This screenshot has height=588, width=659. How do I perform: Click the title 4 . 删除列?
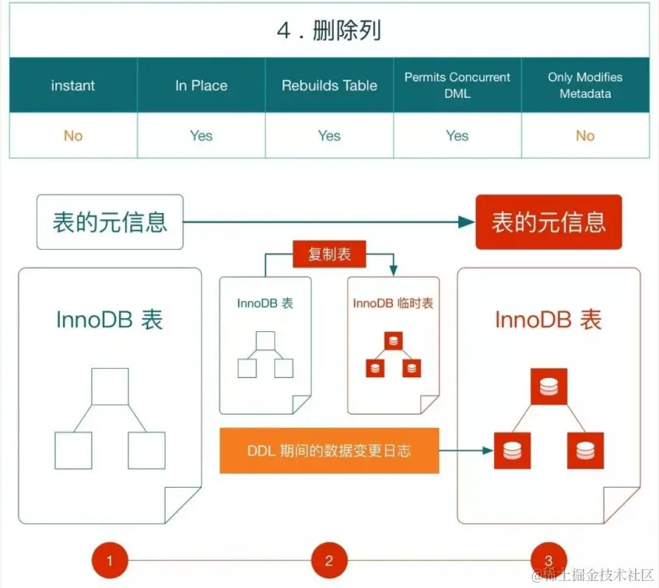[x=329, y=30]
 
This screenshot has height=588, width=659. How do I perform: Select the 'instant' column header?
[x=73, y=86]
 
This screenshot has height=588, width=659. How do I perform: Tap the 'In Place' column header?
[x=201, y=86]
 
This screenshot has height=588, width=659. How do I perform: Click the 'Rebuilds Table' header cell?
[x=329, y=86]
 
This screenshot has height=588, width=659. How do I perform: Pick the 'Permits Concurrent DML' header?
[x=457, y=86]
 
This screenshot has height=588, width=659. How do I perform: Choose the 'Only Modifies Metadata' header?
[x=585, y=86]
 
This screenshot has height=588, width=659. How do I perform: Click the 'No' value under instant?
[x=73, y=136]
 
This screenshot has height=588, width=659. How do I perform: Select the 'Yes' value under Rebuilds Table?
[x=329, y=136]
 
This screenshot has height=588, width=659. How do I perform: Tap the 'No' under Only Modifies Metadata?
[x=585, y=136]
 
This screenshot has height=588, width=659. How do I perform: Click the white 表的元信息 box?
[x=110, y=222]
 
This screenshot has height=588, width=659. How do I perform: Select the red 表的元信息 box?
[x=549, y=222]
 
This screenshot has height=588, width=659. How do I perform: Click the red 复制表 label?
[x=329, y=255]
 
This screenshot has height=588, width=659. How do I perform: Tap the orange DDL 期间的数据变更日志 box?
[x=329, y=450]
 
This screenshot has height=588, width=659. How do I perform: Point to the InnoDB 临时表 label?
[x=393, y=303]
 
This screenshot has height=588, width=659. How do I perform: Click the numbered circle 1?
[x=110, y=560]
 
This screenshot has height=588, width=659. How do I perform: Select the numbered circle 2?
[x=329, y=560]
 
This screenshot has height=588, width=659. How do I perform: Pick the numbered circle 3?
[x=549, y=560]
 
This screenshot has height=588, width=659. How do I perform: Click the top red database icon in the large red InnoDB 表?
[x=549, y=387]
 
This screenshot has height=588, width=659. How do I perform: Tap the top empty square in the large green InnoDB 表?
[x=110, y=387]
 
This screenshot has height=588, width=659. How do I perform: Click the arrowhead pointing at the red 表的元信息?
[x=466, y=222]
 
